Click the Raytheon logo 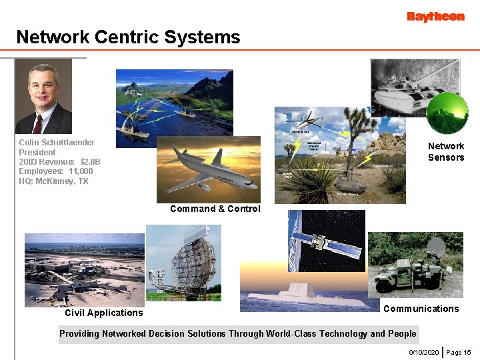point(435,17)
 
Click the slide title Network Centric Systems point(128,37)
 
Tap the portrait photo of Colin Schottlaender point(43,97)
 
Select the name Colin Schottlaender point(57,143)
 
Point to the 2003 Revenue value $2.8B point(90,162)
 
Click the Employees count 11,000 point(81,171)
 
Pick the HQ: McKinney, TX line point(53,181)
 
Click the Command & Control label point(215,209)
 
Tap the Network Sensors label point(446,151)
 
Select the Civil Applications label point(103,313)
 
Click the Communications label point(421,309)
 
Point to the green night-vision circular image point(447,113)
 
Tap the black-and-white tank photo point(407,87)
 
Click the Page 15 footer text point(458,352)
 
